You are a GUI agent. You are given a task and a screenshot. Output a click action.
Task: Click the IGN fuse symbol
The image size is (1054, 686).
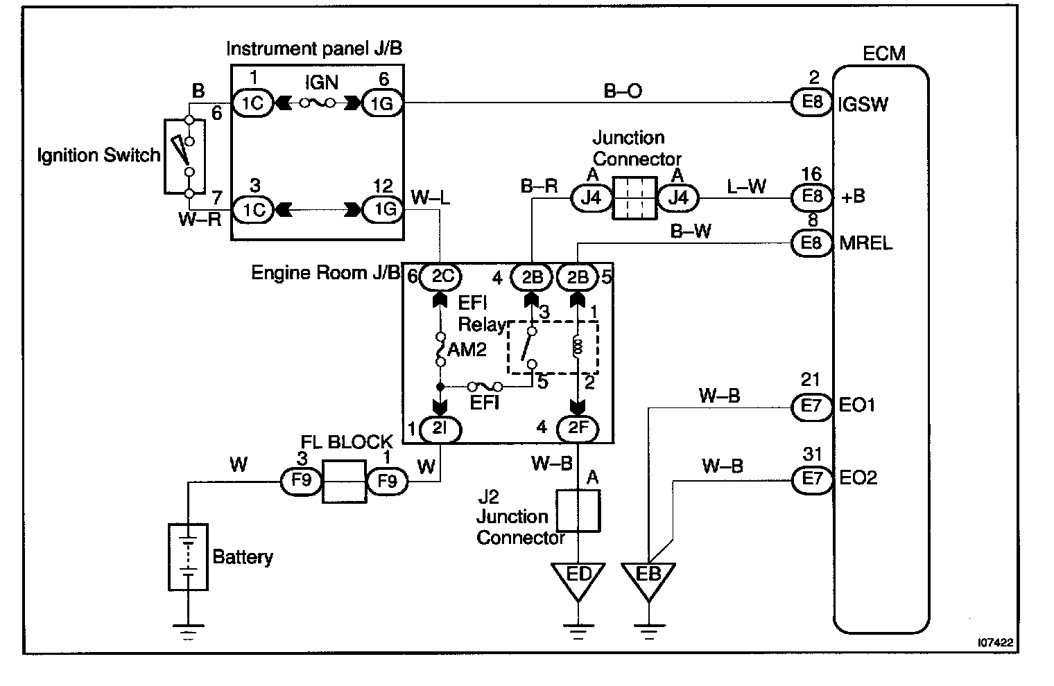(x=318, y=103)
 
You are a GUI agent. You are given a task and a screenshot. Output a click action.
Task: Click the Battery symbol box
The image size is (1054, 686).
(x=188, y=556)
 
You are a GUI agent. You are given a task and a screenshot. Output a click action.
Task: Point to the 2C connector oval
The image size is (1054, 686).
(x=440, y=277)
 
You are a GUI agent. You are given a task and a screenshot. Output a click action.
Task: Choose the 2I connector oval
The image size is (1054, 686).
(x=440, y=429)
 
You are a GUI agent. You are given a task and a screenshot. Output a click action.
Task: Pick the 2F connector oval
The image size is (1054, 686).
(x=578, y=428)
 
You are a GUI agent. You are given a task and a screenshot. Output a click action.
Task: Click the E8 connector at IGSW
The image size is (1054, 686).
(x=812, y=102)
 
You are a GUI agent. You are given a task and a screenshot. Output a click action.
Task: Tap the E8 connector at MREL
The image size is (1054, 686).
(x=812, y=243)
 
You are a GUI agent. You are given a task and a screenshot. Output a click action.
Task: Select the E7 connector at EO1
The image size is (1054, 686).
(x=812, y=406)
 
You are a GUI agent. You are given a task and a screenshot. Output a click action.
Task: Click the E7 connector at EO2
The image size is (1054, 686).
(x=812, y=480)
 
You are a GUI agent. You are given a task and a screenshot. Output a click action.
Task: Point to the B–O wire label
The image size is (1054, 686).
(x=623, y=91)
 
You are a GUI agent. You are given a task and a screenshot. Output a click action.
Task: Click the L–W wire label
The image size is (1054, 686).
(x=746, y=186)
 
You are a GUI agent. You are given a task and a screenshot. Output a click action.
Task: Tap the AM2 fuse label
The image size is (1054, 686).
(x=467, y=350)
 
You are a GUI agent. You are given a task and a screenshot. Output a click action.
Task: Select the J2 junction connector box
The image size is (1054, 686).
(x=578, y=511)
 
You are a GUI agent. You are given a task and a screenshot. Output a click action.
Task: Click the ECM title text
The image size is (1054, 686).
(x=883, y=53)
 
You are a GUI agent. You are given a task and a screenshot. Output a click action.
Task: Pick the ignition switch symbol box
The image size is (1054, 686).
(x=184, y=157)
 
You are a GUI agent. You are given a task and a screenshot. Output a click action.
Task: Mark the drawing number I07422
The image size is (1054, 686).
(x=995, y=642)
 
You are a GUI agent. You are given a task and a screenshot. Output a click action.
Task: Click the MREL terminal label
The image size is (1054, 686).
(x=866, y=243)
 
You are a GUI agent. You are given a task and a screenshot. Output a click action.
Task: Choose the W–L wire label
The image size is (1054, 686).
(x=431, y=197)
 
